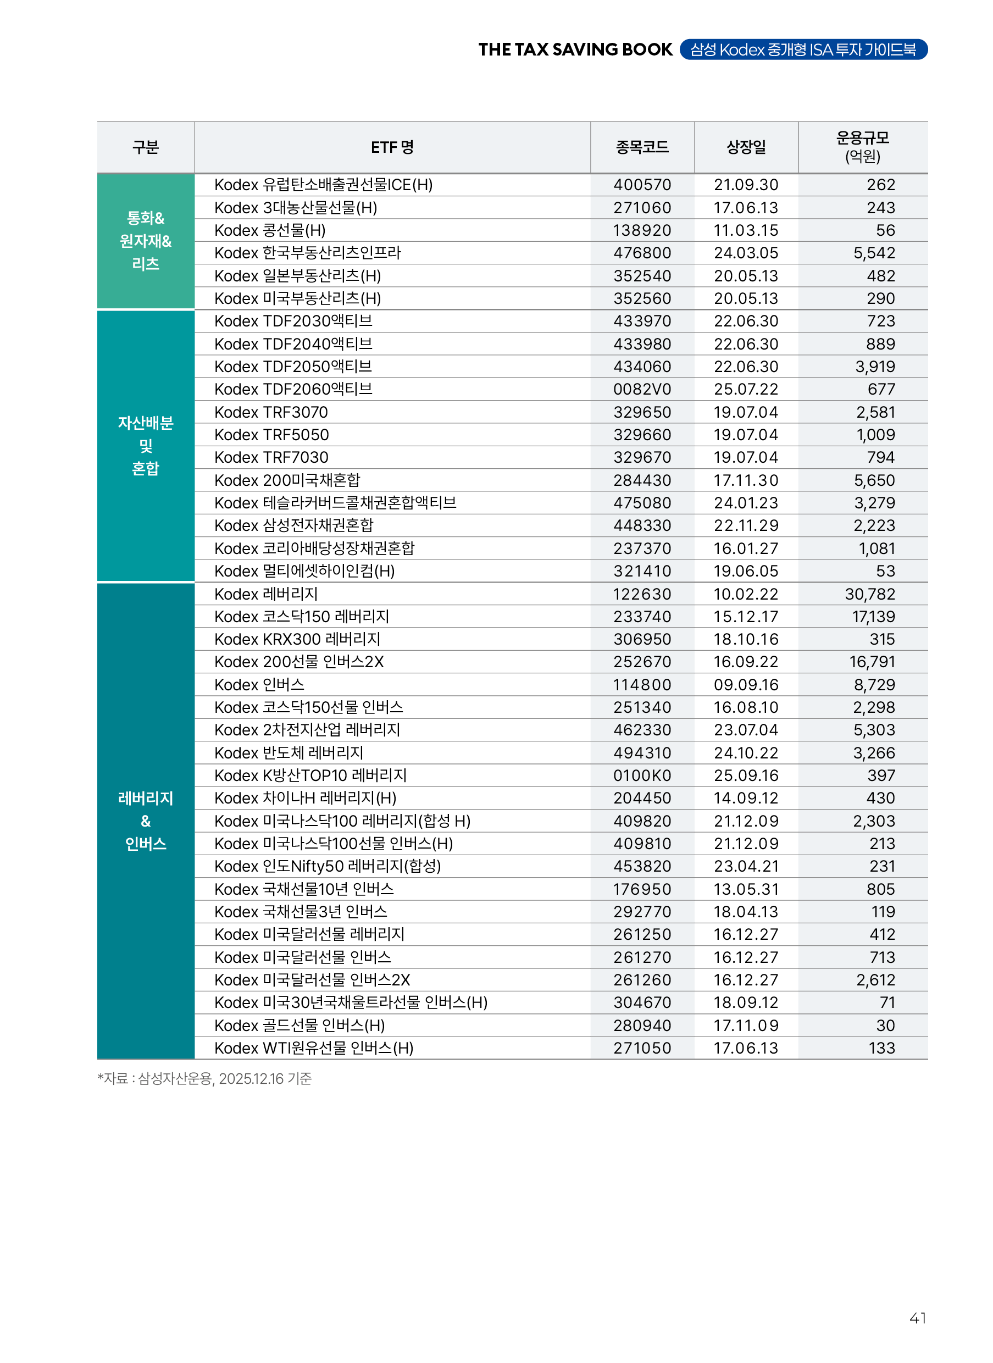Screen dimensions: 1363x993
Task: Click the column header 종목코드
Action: tap(642, 147)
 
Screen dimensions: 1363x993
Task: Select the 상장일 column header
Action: tap(746, 147)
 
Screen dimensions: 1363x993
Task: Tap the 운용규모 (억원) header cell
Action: tap(863, 147)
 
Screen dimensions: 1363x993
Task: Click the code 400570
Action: tap(642, 185)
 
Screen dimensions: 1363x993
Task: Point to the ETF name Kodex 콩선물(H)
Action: tap(270, 230)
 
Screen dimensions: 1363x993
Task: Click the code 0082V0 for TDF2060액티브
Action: tap(642, 390)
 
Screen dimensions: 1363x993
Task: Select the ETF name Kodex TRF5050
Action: tap(271, 435)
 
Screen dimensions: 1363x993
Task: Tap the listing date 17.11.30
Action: tap(745, 480)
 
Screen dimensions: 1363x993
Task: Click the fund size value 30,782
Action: tap(870, 594)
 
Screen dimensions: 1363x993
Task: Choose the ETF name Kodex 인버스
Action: tap(259, 685)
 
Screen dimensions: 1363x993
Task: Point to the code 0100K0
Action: tap(642, 775)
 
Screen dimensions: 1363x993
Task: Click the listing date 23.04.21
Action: tap(745, 866)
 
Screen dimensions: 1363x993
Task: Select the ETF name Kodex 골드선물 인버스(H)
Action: tap(299, 1025)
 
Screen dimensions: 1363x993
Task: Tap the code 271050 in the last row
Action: tap(642, 1048)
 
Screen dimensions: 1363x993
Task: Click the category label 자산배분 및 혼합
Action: tap(146, 446)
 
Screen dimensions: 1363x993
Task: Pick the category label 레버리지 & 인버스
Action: tap(146, 821)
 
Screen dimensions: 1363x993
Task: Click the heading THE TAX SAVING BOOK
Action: tap(575, 49)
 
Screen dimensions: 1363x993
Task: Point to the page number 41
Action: tap(917, 1318)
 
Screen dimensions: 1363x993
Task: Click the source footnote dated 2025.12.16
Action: tap(205, 1079)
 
